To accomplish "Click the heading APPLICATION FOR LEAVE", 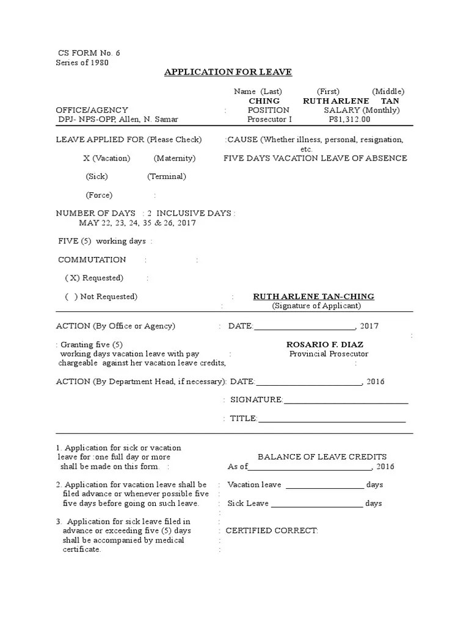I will [x=228, y=73].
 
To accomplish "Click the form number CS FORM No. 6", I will [x=89, y=53].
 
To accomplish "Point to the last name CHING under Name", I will [x=264, y=101].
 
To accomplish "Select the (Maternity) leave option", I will [x=175, y=158].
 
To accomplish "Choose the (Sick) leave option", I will [x=96, y=176].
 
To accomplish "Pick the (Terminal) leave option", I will [x=166, y=176].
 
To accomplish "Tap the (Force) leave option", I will [x=98, y=195].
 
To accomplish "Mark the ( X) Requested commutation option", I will [x=94, y=278].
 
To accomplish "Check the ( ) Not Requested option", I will [x=101, y=297].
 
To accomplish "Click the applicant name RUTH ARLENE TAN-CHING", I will [x=313, y=297].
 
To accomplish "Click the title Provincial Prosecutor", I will [x=329, y=354].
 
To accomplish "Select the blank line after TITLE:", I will [x=332, y=419].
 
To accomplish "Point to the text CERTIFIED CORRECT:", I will [x=272, y=530].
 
